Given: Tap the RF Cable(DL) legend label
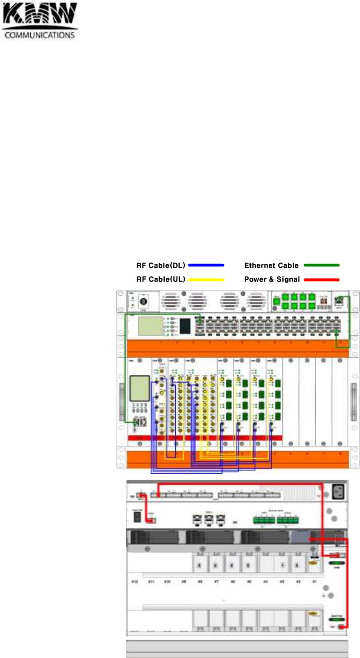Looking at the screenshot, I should (x=161, y=265).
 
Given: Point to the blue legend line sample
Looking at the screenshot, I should (x=206, y=265).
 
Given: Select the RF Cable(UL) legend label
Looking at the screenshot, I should (x=161, y=279).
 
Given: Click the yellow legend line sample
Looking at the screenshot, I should (x=206, y=279).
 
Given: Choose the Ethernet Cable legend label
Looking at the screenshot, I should (x=271, y=265).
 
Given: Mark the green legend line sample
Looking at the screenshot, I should (x=321, y=265).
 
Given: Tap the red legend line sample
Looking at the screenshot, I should (x=321, y=279).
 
